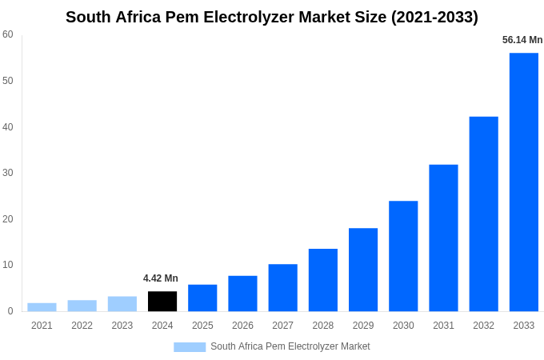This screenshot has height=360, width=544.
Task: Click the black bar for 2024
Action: (162, 301)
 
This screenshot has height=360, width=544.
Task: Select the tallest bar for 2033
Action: (524, 182)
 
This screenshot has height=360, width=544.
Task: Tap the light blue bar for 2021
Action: (42, 306)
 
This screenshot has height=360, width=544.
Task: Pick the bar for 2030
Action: (403, 256)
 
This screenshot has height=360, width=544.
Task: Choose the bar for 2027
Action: (282, 287)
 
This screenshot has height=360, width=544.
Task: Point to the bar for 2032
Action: (483, 214)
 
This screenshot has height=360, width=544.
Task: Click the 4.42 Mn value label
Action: (161, 278)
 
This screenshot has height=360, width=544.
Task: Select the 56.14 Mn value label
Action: (522, 40)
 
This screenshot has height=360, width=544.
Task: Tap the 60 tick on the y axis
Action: (8, 34)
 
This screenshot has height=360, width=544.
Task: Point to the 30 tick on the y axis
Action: (8, 173)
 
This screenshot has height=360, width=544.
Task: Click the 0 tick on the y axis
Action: (10, 311)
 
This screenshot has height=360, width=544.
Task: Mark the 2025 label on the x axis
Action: (202, 326)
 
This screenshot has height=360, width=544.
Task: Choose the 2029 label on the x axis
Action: (363, 326)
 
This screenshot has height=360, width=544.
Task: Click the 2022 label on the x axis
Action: (82, 326)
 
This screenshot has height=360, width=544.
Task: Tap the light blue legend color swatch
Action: (190, 347)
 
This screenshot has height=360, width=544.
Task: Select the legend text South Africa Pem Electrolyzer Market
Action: (290, 346)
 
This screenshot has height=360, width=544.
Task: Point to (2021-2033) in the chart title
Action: (434, 17)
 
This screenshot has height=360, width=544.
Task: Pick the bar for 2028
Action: (323, 280)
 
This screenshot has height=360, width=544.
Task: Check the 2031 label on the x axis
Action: (443, 326)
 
